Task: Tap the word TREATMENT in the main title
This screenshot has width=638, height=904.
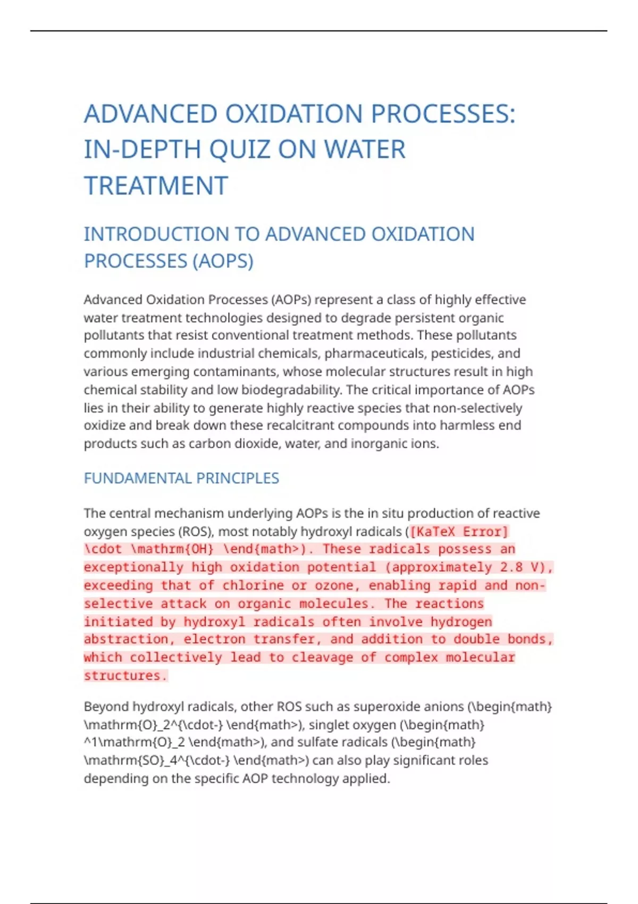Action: (x=156, y=186)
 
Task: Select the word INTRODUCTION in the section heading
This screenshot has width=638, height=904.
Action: (x=171, y=234)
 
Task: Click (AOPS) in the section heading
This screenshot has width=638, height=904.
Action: (x=223, y=261)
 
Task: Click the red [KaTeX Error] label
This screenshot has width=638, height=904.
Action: (x=459, y=532)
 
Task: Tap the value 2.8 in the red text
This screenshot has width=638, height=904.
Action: (x=511, y=567)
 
